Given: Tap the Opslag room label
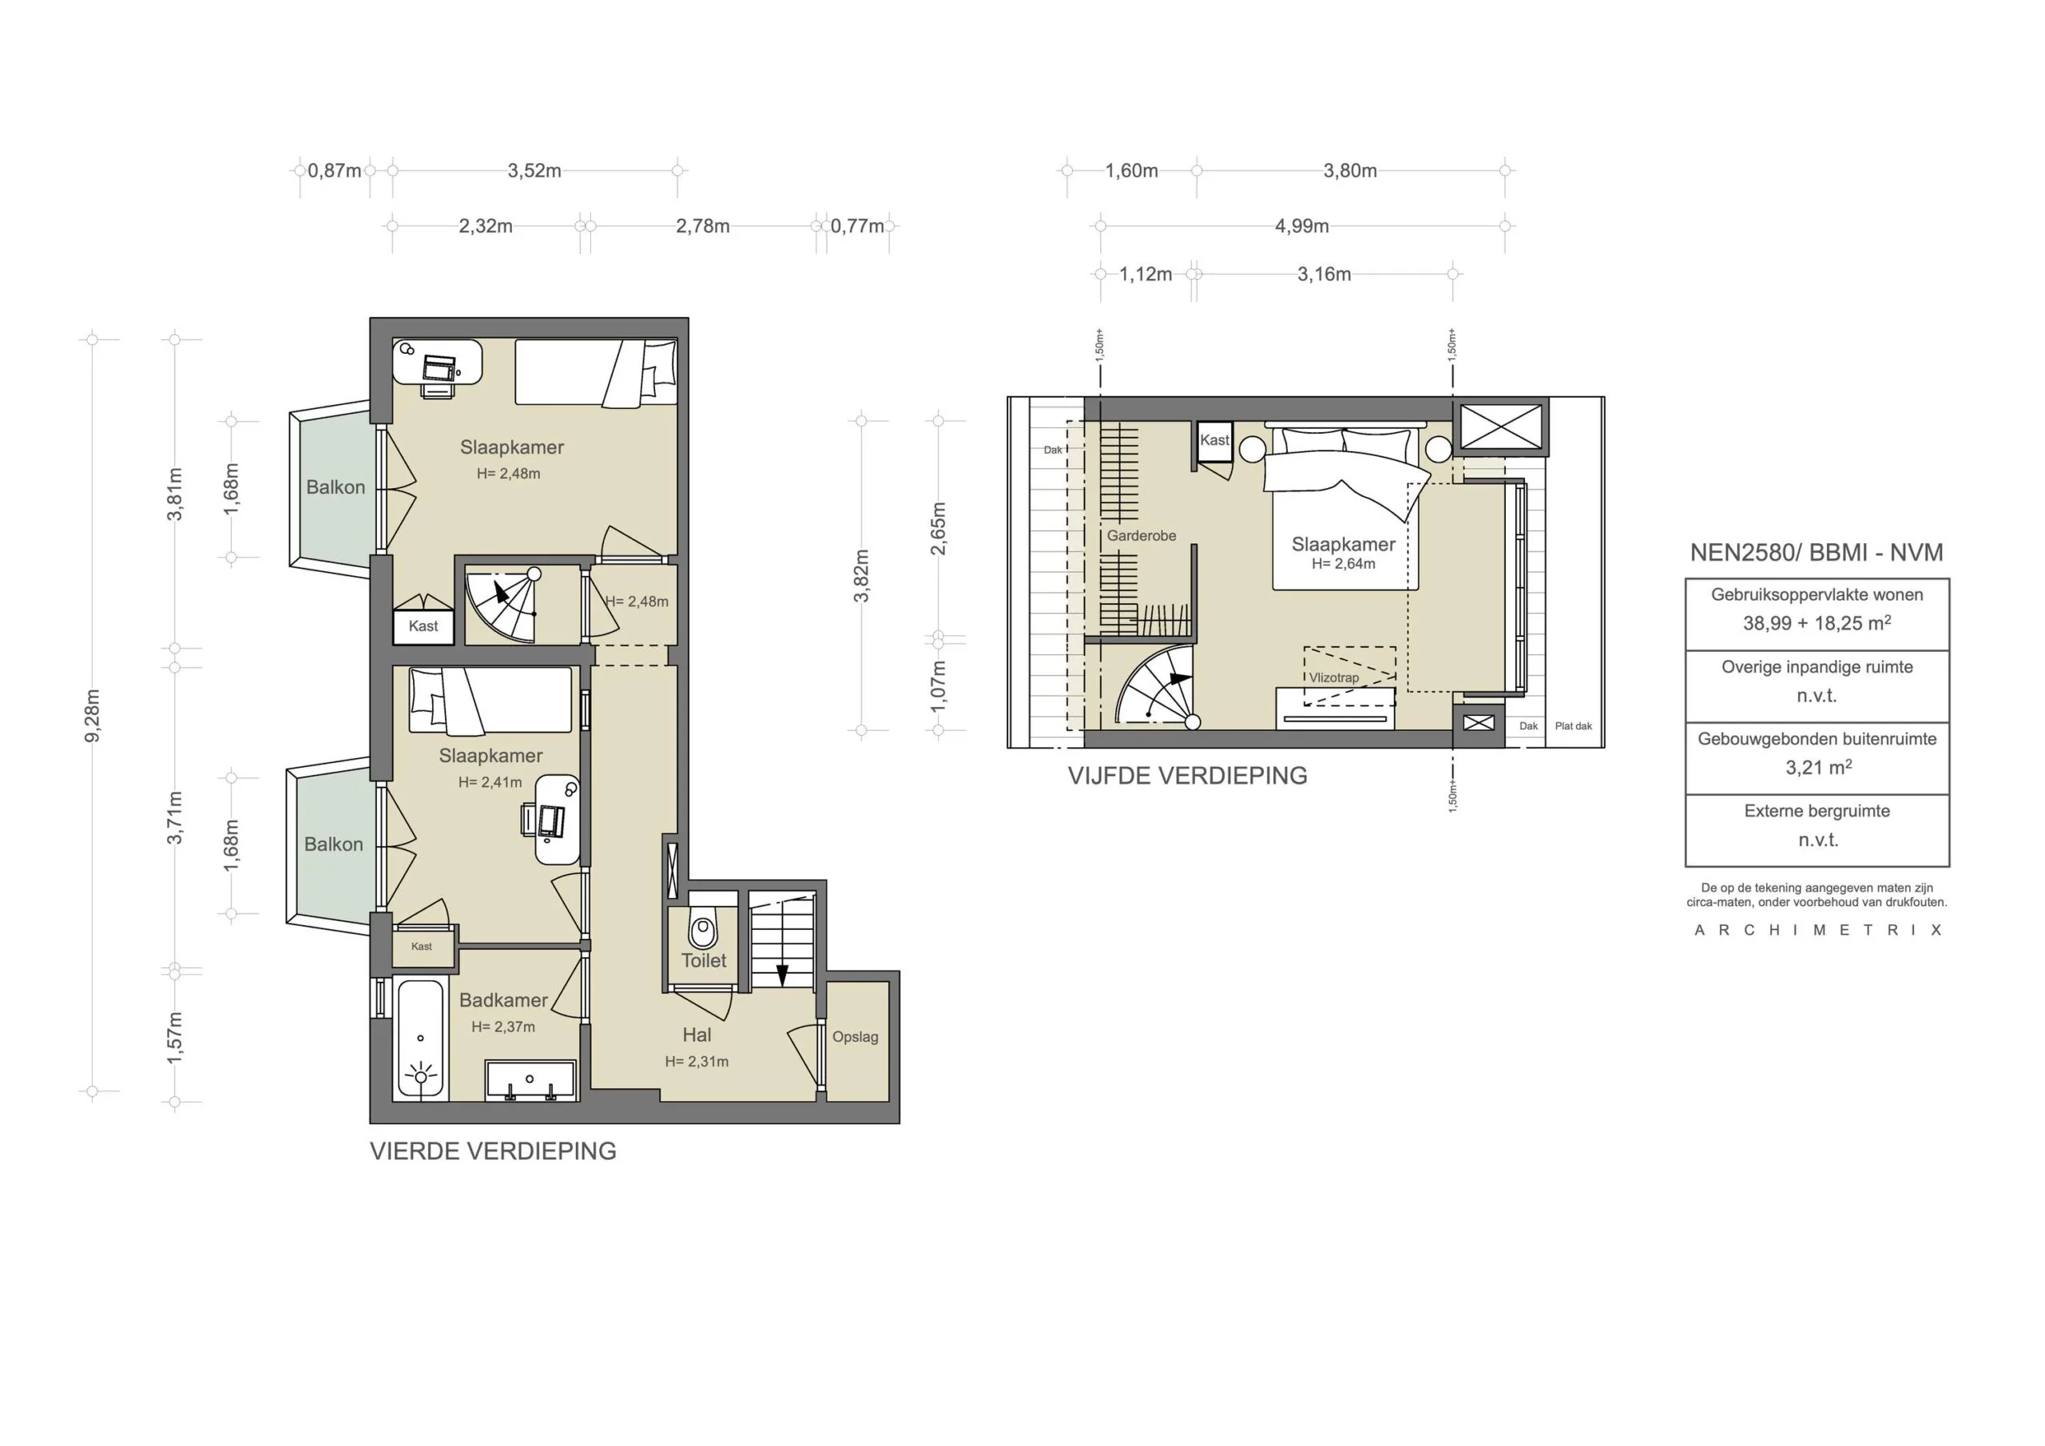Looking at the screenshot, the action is [x=855, y=1037].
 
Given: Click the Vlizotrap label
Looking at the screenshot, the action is [x=1333, y=678].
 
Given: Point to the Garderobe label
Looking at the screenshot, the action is [x=1141, y=535].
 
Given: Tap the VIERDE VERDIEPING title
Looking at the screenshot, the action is [x=493, y=1151].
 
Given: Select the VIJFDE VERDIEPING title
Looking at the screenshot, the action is [x=1187, y=776].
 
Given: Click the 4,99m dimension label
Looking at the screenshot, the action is [x=1301, y=226].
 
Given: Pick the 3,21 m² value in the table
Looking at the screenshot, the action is [x=1818, y=767].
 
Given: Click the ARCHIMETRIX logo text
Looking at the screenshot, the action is [x=1817, y=930].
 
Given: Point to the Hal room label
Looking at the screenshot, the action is [x=697, y=1035].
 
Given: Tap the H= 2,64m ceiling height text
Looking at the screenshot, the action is [x=1343, y=564].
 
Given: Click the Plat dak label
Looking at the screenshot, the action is [x=1573, y=726].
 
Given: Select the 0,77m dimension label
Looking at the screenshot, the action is [x=857, y=226].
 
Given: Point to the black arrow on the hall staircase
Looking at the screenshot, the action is [x=782, y=975].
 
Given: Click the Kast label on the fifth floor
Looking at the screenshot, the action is [x=1214, y=440].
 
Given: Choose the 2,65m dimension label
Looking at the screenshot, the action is [x=939, y=528].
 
